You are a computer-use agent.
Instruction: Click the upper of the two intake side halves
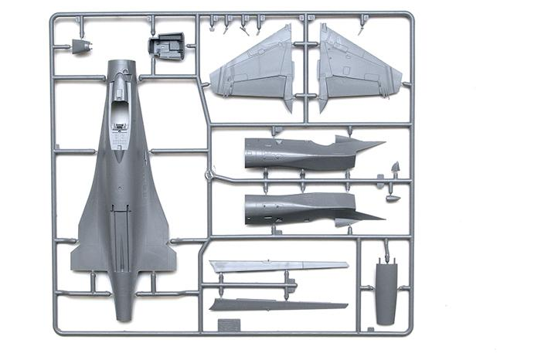[301, 154]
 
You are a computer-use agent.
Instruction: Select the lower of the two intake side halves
[301, 207]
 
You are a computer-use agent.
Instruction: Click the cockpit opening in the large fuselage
[120, 116]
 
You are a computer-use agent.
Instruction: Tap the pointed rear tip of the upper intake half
[382, 143]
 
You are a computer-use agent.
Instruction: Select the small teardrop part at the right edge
[394, 168]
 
